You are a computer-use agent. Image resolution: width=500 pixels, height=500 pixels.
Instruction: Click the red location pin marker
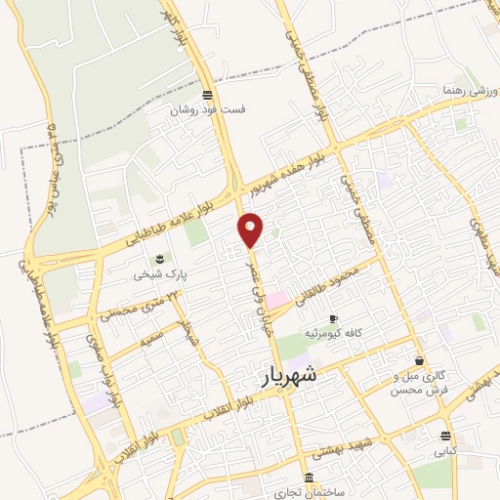click(x=251, y=229)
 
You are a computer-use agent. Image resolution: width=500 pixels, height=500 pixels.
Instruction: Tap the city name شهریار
click(x=291, y=375)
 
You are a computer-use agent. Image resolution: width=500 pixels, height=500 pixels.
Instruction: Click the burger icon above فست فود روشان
click(x=206, y=95)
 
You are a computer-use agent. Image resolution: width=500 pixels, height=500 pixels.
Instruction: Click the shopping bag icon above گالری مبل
click(x=419, y=360)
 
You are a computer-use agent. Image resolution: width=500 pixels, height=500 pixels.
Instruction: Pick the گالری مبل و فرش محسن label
click(x=420, y=382)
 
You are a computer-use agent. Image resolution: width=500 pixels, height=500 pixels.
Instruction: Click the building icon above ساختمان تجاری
click(x=310, y=479)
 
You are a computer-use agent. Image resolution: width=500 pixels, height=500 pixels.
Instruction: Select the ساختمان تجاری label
click(x=310, y=492)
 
